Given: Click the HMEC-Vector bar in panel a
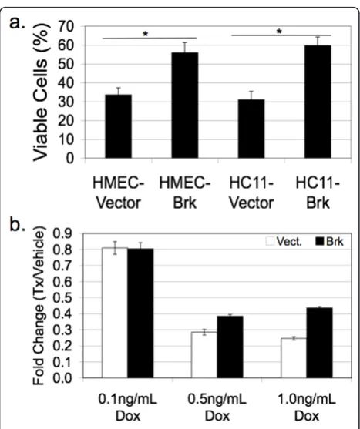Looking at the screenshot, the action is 118,126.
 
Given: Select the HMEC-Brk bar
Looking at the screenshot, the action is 185,105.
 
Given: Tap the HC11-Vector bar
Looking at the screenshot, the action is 251,129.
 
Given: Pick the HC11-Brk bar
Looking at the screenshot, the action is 318,102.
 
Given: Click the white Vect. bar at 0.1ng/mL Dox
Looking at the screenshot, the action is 115,313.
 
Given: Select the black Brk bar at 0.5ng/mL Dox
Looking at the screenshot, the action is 230,347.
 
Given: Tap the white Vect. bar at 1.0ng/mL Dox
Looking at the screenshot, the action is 294,358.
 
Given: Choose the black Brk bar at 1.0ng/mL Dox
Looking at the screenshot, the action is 319,343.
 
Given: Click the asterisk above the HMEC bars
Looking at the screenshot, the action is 146,34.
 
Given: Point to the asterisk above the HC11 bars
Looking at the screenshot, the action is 279,32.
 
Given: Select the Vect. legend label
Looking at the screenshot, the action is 289,241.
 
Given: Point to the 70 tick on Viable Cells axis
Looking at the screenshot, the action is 66,26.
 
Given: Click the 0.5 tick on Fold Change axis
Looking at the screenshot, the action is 62,297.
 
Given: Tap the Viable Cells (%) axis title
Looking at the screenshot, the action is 42,92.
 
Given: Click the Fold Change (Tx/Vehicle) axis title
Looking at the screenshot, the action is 39,305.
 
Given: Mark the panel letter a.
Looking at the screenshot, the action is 18,22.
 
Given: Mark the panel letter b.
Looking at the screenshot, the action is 18,224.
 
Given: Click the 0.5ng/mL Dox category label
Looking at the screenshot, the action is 217,407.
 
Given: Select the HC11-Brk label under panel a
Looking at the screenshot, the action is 318,193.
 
